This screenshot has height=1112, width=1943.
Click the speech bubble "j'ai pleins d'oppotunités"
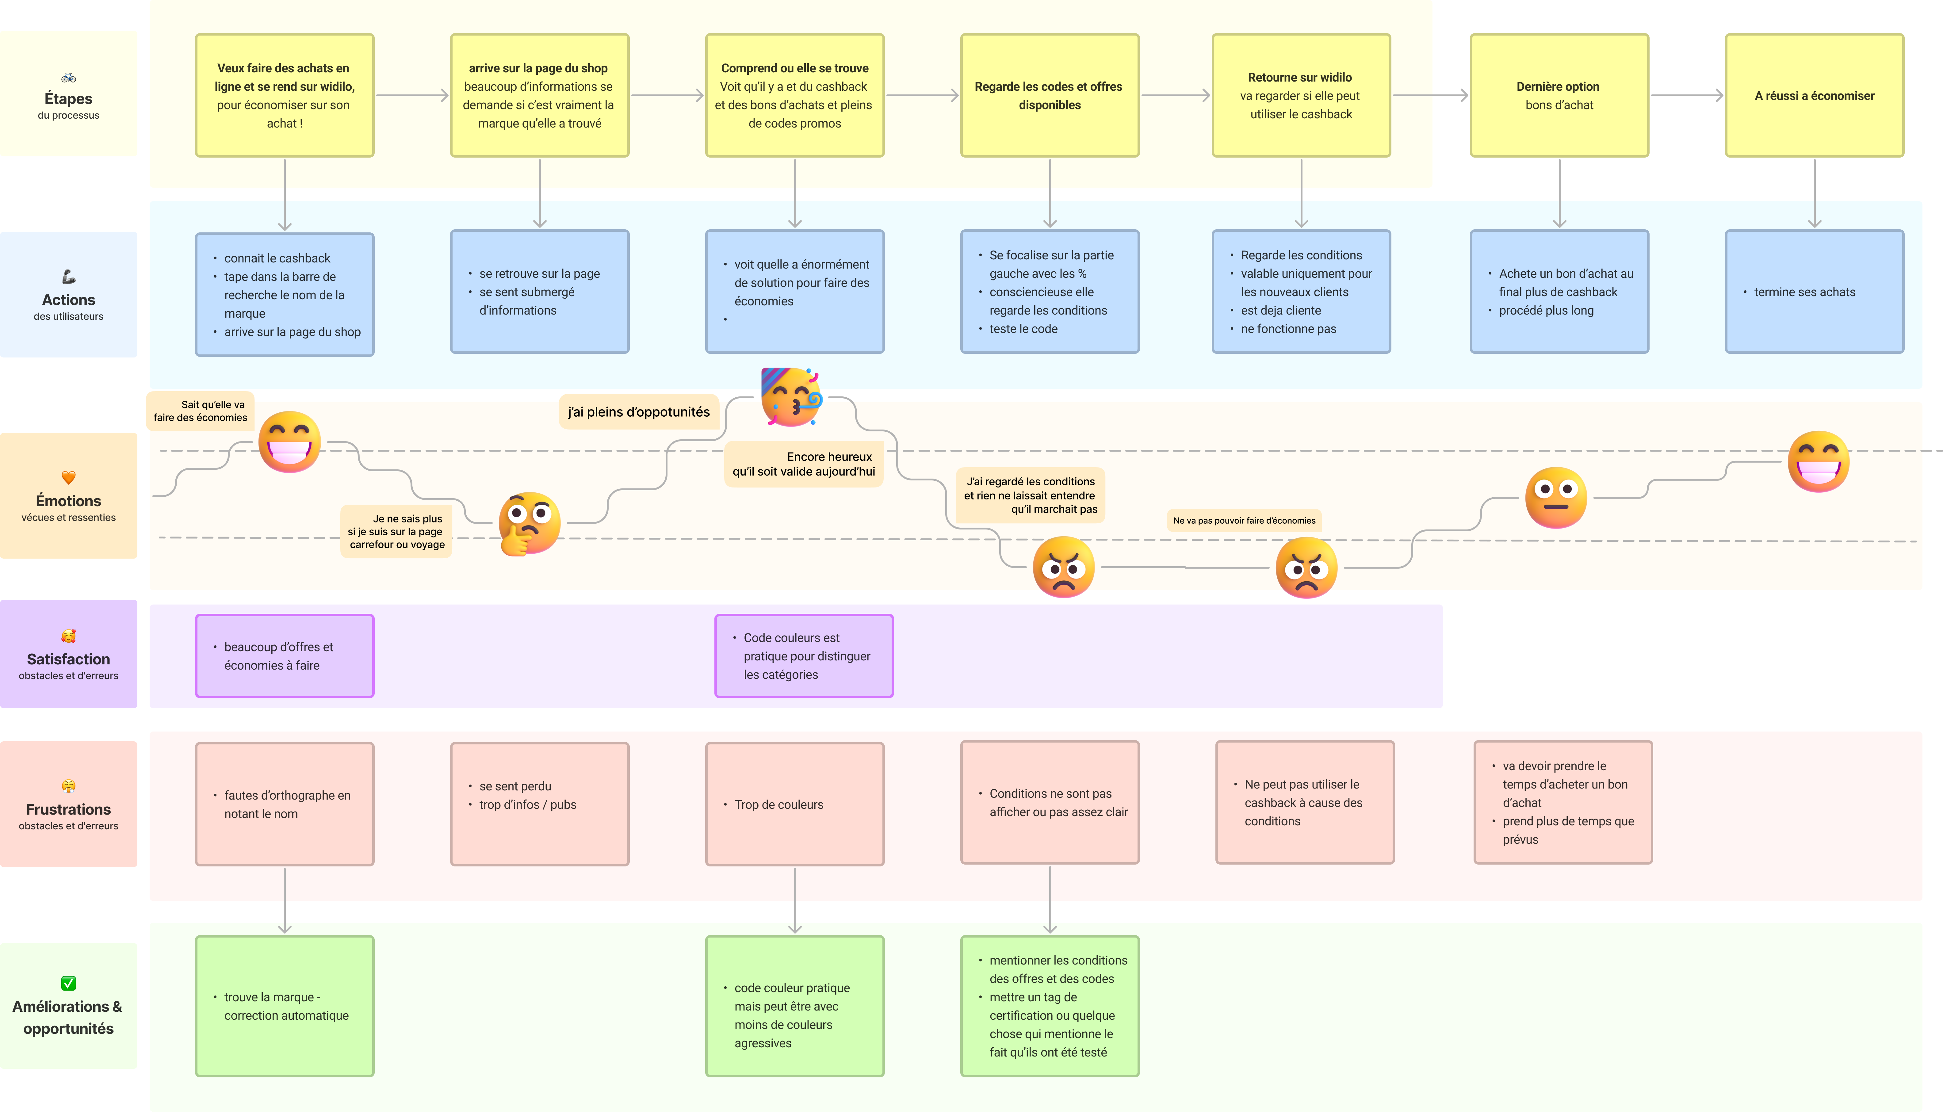click(638, 412)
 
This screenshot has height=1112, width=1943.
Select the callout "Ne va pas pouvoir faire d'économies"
click(1244, 521)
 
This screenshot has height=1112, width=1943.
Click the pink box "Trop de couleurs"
click(794, 804)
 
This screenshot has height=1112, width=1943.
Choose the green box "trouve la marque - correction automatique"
click(284, 1006)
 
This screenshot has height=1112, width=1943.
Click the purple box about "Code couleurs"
click(803, 656)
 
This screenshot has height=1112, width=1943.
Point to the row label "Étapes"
click(68, 98)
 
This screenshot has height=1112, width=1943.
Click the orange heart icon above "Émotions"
click(68, 477)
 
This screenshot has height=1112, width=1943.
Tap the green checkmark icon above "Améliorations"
click(68, 983)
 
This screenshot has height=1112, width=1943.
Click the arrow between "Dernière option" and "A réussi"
click(1686, 95)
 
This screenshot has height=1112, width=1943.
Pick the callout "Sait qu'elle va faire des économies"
click(200, 411)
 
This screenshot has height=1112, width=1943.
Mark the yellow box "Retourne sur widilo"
click(1301, 95)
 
